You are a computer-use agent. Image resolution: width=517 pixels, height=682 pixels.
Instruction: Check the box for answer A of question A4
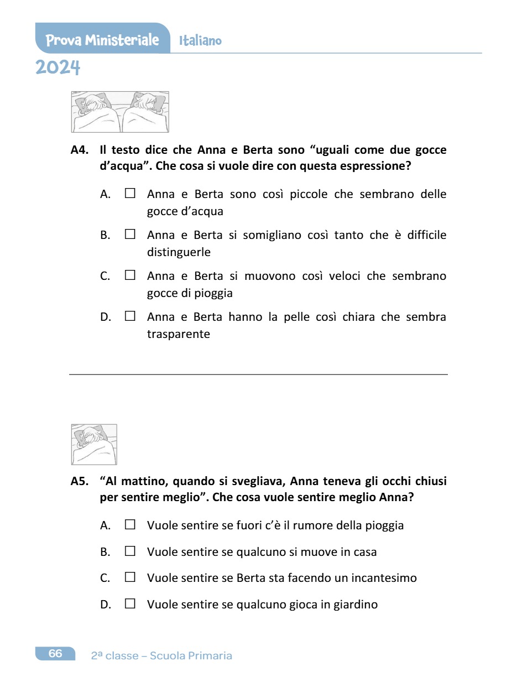pos(130,194)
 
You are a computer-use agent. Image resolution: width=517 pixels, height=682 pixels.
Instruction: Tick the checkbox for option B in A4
pos(130,235)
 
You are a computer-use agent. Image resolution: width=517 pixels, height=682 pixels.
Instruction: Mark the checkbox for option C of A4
pos(130,275)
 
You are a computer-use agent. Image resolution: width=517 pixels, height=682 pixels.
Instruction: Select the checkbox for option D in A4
pos(130,317)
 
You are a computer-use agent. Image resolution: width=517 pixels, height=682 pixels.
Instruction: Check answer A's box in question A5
pos(130,525)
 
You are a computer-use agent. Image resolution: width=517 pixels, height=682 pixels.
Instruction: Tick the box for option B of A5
pos(130,551)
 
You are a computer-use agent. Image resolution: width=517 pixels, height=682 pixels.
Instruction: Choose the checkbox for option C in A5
pos(130,578)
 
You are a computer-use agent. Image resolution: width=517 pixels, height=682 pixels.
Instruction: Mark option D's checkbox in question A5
pos(130,605)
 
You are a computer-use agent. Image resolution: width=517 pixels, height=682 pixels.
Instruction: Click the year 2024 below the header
pos(58,68)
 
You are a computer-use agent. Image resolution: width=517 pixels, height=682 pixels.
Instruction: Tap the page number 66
pos(55,654)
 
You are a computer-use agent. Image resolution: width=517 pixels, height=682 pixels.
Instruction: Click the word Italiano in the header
pos(200,41)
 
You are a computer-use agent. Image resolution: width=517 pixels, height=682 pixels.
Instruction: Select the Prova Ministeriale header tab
pos(102,40)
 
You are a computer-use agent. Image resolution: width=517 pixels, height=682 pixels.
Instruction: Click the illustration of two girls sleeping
pos(120,112)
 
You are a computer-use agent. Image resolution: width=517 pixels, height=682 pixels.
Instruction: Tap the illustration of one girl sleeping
pos(94,444)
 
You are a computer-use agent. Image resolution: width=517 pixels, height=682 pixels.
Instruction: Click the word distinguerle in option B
pos(179,252)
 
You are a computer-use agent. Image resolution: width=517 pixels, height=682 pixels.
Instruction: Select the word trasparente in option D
pos(179,334)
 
